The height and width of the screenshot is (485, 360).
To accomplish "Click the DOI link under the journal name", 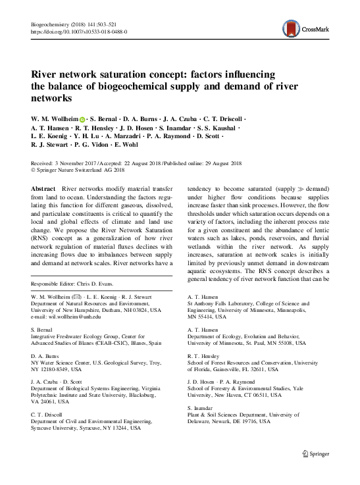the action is pos(80,30).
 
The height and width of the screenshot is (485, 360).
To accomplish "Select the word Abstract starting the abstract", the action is pos(43,188).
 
